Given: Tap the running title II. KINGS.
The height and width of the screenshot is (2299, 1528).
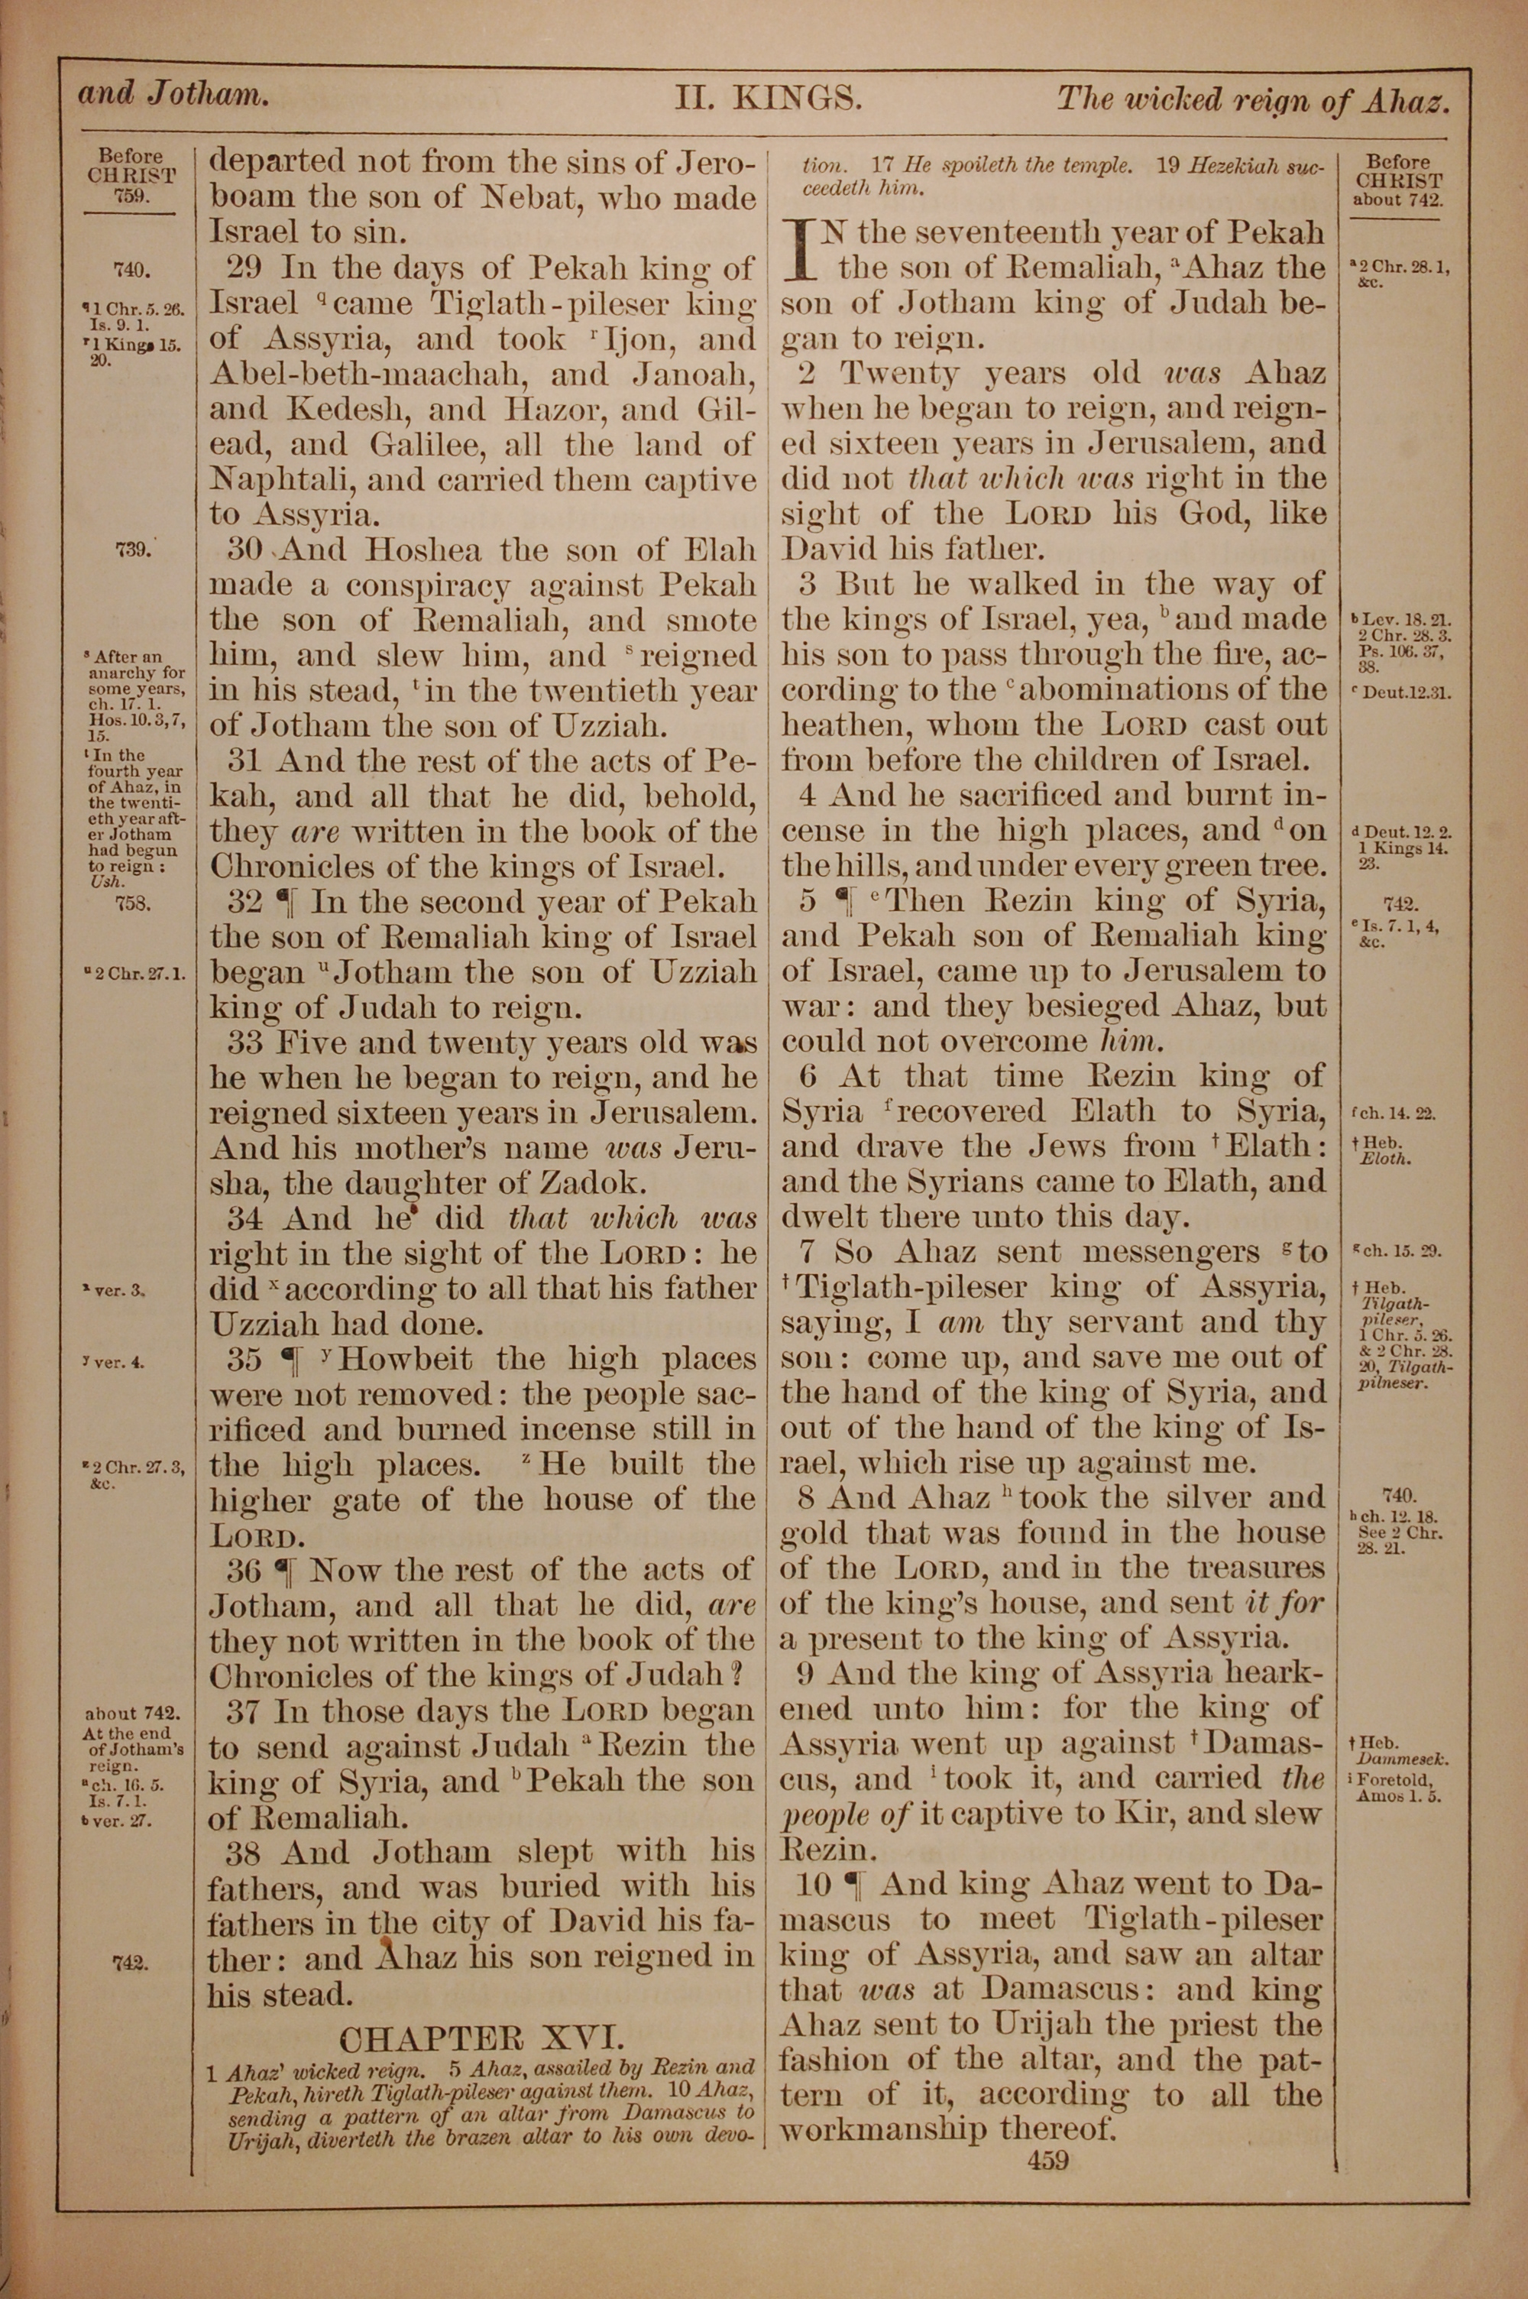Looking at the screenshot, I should click(767, 98).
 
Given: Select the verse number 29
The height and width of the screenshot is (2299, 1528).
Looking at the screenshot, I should click(247, 268).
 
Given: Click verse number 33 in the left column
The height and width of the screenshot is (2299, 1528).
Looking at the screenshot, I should click(247, 1042).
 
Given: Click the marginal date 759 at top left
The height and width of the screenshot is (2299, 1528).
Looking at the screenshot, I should click(131, 195).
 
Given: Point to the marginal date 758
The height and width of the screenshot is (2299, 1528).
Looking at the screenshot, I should click(131, 903).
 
